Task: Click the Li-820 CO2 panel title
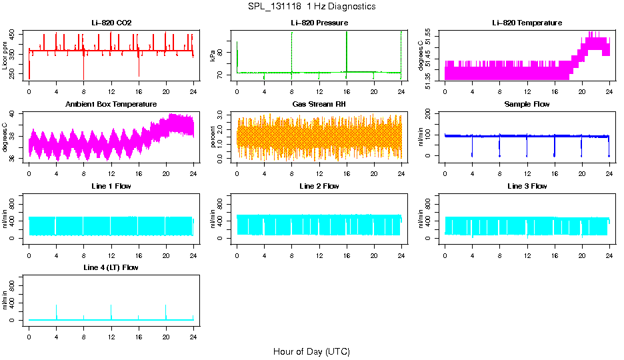pos(111,23)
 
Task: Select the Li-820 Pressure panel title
pos(319,23)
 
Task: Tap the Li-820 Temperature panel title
pos(527,23)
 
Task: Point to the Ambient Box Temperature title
pos(111,105)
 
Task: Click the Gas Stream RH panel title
pos(319,105)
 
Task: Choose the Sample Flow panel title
pos(527,105)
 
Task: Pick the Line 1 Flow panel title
pos(111,186)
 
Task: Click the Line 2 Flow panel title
pos(319,186)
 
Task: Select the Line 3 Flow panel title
pos(527,186)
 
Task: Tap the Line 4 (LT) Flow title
pos(111,267)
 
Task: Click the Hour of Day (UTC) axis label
pos(311,351)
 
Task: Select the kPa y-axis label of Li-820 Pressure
pos(213,57)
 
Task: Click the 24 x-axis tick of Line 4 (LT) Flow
pos(193,329)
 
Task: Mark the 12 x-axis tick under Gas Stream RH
pos(319,167)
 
